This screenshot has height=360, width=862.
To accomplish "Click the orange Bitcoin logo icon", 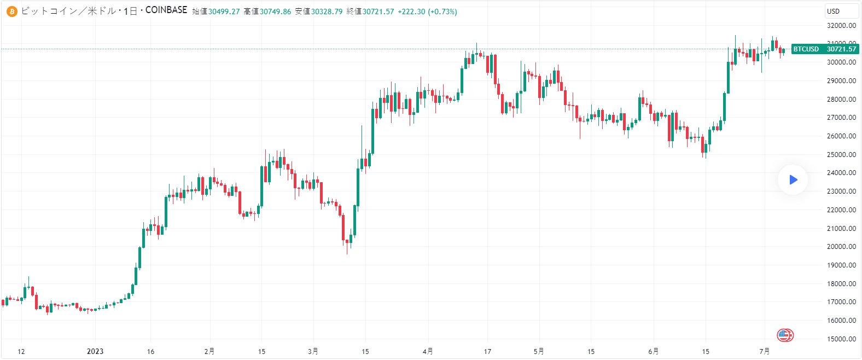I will (x=12, y=11).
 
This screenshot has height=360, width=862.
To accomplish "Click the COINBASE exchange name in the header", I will (x=166, y=10).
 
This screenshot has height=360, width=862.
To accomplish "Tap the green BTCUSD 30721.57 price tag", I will (x=825, y=49).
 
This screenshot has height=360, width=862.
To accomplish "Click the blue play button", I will (x=793, y=179).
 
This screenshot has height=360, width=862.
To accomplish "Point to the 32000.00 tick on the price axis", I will (x=841, y=26).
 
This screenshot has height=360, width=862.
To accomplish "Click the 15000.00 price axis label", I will (x=841, y=339).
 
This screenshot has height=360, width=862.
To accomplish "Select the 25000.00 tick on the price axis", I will (x=841, y=155).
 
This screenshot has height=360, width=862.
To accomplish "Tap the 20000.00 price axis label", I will (x=841, y=247).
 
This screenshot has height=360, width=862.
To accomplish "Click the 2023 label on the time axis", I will (x=95, y=351).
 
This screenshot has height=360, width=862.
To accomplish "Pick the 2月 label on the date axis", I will (x=209, y=351).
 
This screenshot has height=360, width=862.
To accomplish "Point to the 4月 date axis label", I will (x=428, y=351).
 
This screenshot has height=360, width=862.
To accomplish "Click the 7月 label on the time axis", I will (x=765, y=351).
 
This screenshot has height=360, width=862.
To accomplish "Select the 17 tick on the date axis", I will (x=487, y=351).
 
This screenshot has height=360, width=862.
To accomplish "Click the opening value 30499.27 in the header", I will (x=224, y=11).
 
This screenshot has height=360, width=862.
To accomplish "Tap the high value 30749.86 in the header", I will (x=275, y=11).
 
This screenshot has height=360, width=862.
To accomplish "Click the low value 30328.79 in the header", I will (x=327, y=11).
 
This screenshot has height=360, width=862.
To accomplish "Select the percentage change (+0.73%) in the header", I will (x=442, y=11).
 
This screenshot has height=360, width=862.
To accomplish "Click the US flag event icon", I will (x=785, y=335).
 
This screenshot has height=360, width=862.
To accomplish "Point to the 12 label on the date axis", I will (x=21, y=351).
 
